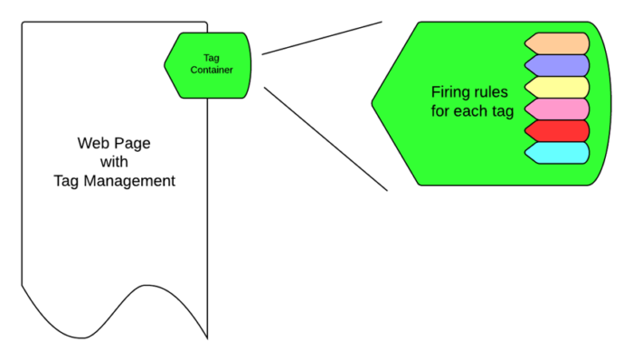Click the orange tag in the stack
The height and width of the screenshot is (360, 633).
(x=558, y=43)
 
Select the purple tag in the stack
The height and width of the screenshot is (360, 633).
(x=558, y=65)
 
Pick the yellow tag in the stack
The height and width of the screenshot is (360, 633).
(x=558, y=87)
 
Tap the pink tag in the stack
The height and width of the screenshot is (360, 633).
(x=558, y=109)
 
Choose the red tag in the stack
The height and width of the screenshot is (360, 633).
(x=558, y=130)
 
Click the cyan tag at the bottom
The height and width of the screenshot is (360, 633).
(x=558, y=152)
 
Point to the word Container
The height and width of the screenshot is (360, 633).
(x=212, y=71)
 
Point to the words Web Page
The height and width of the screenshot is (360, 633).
(x=113, y=143)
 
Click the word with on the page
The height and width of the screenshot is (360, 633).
(x=113, y=162)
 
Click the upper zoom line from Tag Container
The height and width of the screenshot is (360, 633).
(x=322, y=37)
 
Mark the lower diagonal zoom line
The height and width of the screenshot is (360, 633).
(x=326, y=138)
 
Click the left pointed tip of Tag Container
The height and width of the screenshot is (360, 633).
(x=165, y=65)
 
